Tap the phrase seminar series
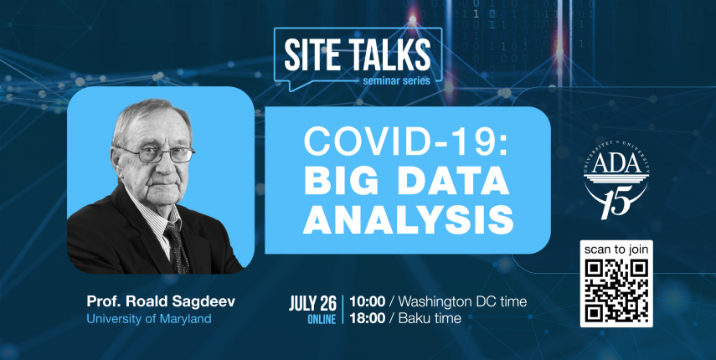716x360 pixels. tap(395, 81)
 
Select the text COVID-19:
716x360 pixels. tap(406, 141)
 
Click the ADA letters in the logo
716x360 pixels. tap(616, 165)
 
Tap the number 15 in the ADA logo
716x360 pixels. tap(616, 201)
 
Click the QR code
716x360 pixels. tap(616, 290)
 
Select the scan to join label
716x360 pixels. tap(616, 250)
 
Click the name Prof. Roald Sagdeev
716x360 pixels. tap(161, 302)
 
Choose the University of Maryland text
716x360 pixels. tap(149, 318)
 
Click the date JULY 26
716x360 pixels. tap(313, 303)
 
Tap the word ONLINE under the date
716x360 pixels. tap(322, 319)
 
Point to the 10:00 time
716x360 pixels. tap(367, 301)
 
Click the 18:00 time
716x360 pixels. tap(367, 318)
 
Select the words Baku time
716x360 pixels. tap(430, 318)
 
